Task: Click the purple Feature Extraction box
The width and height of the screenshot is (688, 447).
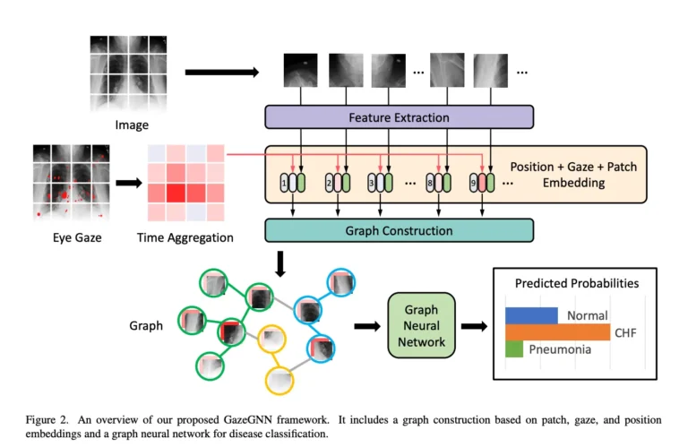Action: [x=399, y=116]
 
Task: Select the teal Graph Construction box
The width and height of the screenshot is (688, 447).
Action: [x=399, y=230]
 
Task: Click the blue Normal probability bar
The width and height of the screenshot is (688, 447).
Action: [x=531, y=315]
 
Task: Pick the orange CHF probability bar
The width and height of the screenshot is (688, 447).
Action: [x=557, y=332]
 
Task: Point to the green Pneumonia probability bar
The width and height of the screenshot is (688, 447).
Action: [x=513, y=349]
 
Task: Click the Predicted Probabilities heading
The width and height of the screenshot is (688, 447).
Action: [x=576, y=283]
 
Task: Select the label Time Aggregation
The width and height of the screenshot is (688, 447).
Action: [x=185, y=238]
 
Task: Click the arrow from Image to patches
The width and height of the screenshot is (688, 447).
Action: [x=219, y=71]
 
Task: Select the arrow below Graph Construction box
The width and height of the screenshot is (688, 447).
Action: [x=281, y=262]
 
